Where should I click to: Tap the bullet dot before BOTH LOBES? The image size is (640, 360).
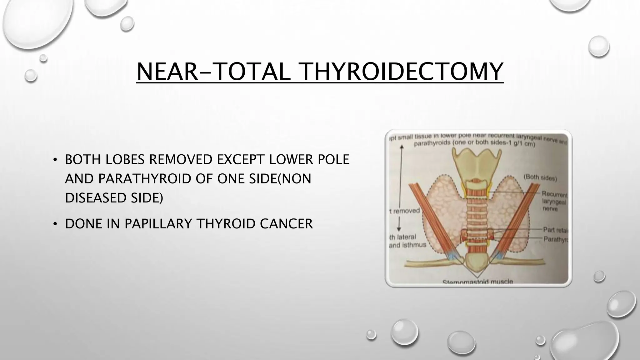pos(55,160)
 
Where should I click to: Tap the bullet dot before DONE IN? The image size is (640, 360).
pos(55,224)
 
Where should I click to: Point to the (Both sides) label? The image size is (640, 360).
pos(540,178)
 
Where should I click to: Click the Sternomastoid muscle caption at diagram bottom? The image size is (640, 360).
pos(477,282)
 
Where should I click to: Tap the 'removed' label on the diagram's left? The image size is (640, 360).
pos(405,211)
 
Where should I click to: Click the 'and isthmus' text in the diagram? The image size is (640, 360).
pos(407,245)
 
